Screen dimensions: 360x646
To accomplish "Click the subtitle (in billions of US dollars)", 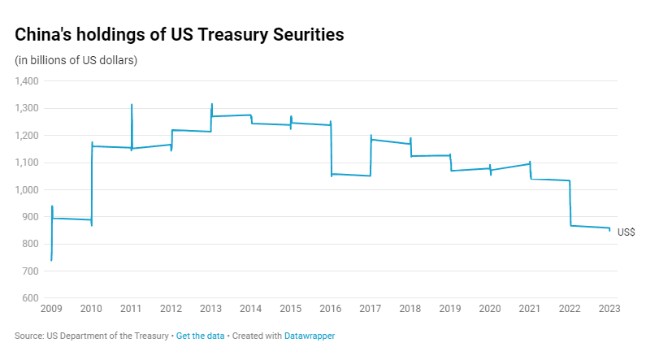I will tap(76, 61).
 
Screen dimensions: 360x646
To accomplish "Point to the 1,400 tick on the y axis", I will tap(27, 81).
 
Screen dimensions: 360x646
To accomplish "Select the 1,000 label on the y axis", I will tap(27, 189).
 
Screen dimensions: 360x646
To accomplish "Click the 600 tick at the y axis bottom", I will tap(30, 298).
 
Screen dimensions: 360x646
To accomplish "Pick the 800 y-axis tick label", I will tap(30, 244).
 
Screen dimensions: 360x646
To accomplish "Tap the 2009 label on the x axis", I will tap(51, 309).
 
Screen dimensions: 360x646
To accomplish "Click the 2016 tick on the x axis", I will tap(330, 309).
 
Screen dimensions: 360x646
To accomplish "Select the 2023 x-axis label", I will tap(609, 309).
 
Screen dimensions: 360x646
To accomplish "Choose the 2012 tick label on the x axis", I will tap(171, 309).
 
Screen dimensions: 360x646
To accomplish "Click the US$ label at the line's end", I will tap(626, 232).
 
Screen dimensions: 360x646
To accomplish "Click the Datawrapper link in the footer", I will tap(310, 336).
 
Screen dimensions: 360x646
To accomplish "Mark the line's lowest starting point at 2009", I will tap(51, 259).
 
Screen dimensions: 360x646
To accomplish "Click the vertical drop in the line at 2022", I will tap(570, 203).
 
